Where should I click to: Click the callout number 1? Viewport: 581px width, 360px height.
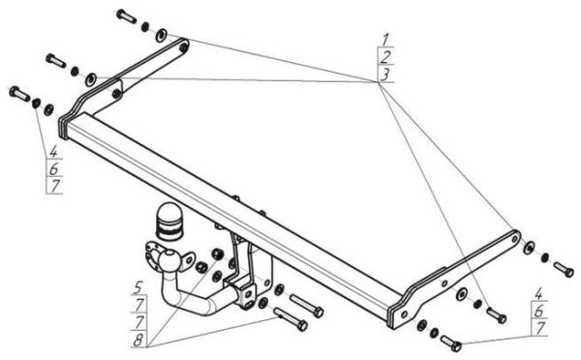(x=385, y=39)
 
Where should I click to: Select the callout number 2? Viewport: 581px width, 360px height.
(x=385, y=57)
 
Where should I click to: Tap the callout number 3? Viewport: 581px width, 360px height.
(x=385, y=75)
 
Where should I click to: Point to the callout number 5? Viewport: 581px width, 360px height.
(x=138, y=287)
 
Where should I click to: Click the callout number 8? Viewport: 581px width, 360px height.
(x=138, y=340)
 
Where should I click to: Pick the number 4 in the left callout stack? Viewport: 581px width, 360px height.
(x=54, y=151)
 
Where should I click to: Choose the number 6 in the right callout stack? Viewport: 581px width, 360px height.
(x=539, y=312)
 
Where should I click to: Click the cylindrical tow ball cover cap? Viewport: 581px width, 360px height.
(x=169, y=222)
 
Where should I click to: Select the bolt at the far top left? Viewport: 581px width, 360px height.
(x=126, y=15)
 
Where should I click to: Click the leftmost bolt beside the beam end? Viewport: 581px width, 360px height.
(x=19, y=93)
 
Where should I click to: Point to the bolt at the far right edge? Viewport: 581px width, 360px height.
(x=564, y=269)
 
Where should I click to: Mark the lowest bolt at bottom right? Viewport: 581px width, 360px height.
(x=451, y=344)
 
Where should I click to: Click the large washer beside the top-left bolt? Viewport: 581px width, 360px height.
(x=162, y=35)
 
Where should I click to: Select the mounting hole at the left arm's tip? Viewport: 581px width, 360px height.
(x=183, y=46)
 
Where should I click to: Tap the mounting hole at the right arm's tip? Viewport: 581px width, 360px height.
(x=514, y=239)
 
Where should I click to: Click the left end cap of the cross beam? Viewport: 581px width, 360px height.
(x=63, y=127)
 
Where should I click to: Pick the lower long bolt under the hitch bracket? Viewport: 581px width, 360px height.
(x=290, y=319)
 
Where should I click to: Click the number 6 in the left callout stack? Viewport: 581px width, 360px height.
(x=54, y=169)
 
